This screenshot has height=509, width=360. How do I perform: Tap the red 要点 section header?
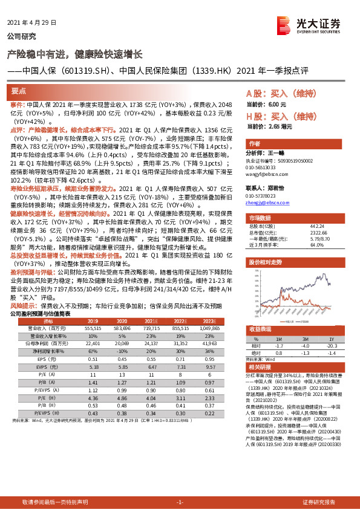point(19,91)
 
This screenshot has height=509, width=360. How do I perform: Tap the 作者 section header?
point(255,144)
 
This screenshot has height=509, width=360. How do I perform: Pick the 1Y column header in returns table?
point(332,340)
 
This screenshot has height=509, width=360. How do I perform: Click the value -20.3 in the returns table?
point(332,345)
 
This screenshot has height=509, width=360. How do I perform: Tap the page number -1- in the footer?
point(179,502)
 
